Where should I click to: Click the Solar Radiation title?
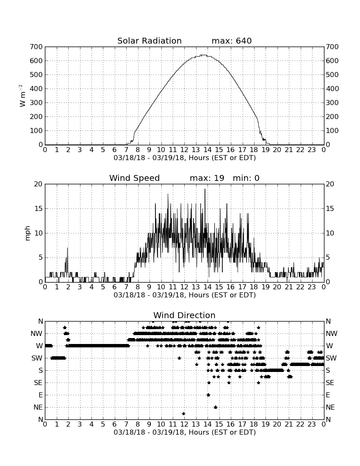click(x=150, y=41)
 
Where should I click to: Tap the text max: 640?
click(x=232, y=41)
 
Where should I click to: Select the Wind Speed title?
click(x=135, y=178)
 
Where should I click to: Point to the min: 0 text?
click(x=246, y=178)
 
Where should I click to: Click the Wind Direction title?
click(x=184, y=315)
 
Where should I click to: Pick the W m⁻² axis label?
click(x=22, y=96)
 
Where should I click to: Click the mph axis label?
click(x=28, y=233)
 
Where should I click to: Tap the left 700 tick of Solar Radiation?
click(x=36, y=47)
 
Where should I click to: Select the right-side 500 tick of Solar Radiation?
click(x=332, y=75)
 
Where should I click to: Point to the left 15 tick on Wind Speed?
click(x=39, y=208)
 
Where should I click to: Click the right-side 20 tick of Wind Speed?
click(x=330, y=184)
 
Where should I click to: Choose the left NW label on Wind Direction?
click(x=36, y=334)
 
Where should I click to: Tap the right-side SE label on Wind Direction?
click(x=330, y=383)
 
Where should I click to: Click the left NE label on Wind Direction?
click(x=38, y=408)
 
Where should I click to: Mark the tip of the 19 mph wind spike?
click(x=205, y=189)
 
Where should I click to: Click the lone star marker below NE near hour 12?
click(x=183, y=414)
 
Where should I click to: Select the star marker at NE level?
click(x=215, y=407)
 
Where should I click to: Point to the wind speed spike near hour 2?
click(x=67, y=248)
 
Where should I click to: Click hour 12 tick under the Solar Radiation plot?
click(x=184, y=150)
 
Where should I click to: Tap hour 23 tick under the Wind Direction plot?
click(x=312, y=424)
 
